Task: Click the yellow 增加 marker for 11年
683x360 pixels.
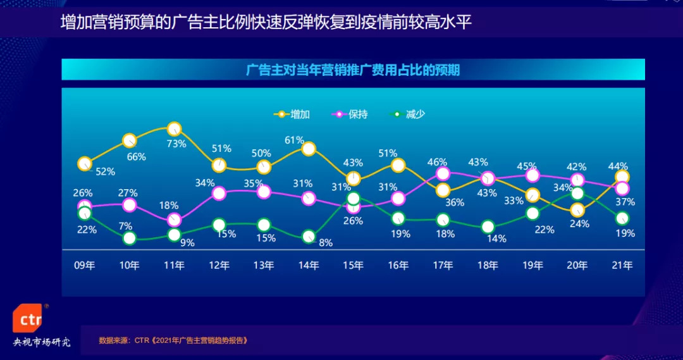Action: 175,129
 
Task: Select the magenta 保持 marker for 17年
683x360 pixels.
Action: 443,173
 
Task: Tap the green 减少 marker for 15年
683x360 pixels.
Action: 354,199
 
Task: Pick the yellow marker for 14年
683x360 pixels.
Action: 309,149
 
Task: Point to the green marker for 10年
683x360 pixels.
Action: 130,238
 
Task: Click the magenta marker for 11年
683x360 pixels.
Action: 175,220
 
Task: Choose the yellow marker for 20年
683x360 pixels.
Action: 577,210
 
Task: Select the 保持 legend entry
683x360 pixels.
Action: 350,115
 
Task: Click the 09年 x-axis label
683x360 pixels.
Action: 85,266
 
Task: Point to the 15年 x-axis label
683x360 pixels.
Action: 354,266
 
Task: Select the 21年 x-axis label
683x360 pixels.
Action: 622,266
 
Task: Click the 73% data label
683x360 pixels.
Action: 176,144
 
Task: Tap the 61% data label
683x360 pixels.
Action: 294,140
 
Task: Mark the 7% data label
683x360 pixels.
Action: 125,226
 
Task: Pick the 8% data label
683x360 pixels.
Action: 325,242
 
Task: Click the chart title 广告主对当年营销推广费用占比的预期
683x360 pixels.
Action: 353,70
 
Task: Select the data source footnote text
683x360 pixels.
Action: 173,340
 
